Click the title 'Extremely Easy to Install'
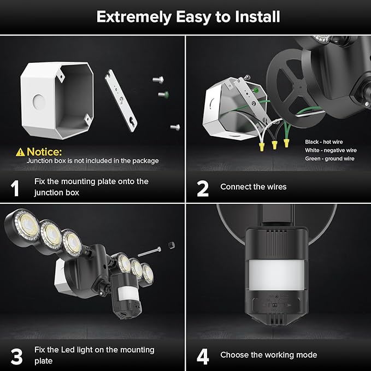[188, 17]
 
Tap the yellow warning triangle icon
[20, 151]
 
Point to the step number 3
[16, 356]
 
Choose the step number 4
[203, 356]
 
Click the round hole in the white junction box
[38, 101]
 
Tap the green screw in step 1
[162, 95]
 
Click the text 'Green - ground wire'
[329, 158]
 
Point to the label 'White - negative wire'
[331, 150]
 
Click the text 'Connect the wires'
[253, 187]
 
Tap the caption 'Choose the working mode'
[268, 355]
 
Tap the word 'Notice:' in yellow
[44, 151]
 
